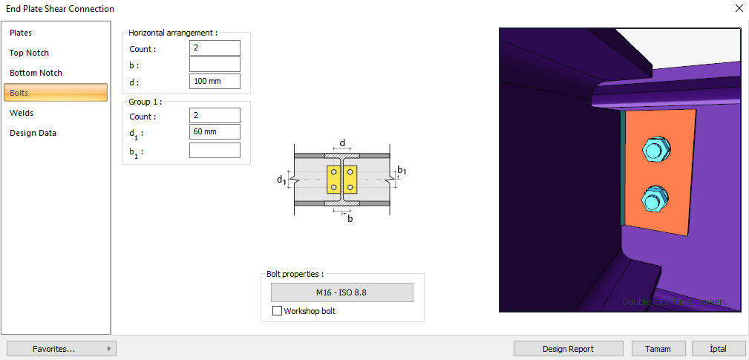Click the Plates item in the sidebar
pyautogui.click(x=21, y=33)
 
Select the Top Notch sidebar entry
pyautogui.click(x=29, y=53)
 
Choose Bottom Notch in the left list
pyautogui.click(x=36, y=73)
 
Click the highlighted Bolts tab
pyautogui.click(x=56, y=93)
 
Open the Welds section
pyautogui.click(x=22, y=113)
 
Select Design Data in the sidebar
pyautogui.click(x=33, y=133)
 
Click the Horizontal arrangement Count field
pyautogui.click(x=215, y=48)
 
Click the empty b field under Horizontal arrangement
pyautogui.click(x=215, y=65)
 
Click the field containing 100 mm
pyautogui.click(x=215, y=82)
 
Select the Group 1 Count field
pyautogui.click(x=215, y=116)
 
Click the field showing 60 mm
pyautogui.click(x=215, y=132)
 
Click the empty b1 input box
pyautogui.click(x=215, y=150)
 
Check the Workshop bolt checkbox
pyautogui.click(x=278, y=311)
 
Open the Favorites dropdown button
pyautogui.click(x=61, y=349)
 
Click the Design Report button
pyautogui.click(x=569, y=349)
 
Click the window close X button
pyautogui.click(x=738, y=9)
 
